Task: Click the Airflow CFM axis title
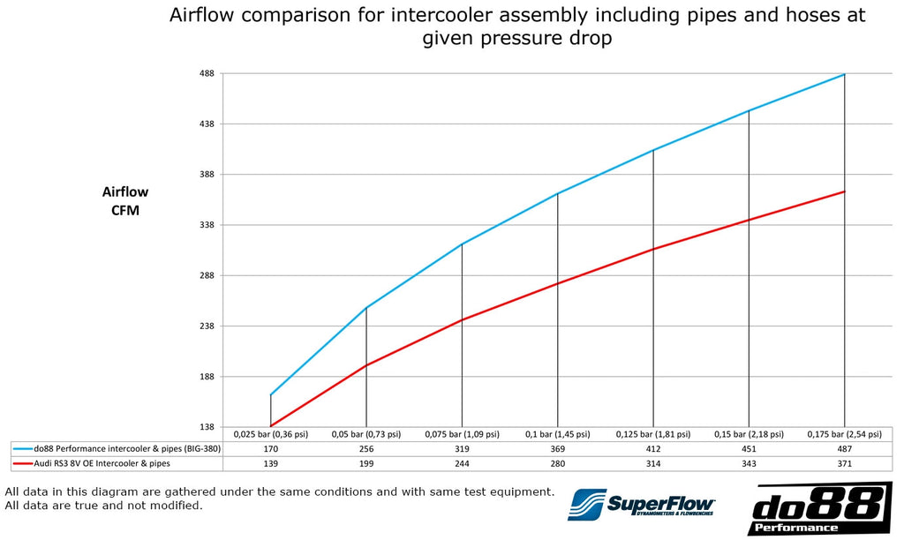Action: (x=125, y=201)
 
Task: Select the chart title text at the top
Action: (x=516, y=26)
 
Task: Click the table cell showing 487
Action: (x=845, y=448)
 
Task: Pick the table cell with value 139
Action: (x=270, y=462)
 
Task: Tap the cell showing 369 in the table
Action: (x=557, y=448)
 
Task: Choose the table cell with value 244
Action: (x=462, y=462)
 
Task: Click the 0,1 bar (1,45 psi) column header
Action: (x=557, y=434)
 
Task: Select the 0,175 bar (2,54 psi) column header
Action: (x=845, y=434)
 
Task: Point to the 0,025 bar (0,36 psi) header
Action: (x=270, y=434)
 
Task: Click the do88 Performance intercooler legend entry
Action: (x=117, y=448)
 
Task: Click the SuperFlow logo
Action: (x=642, y=504)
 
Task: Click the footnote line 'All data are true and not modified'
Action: (x=104, y=506)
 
